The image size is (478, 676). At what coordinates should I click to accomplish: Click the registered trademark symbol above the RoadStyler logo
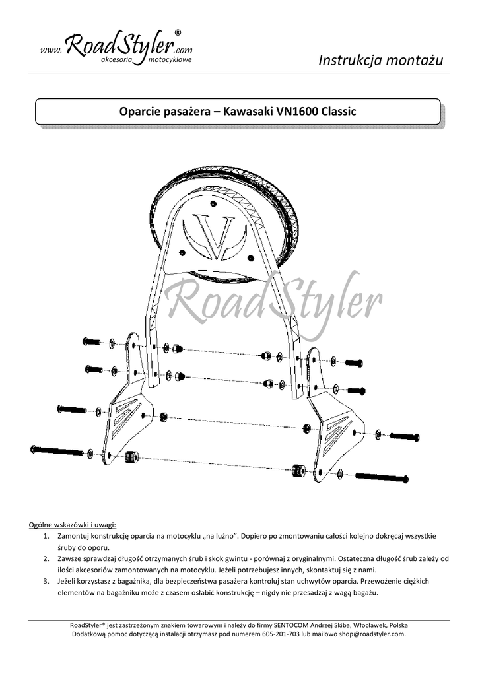pyautogui.click(x=178, y=32)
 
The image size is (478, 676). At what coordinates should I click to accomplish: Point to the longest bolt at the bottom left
pyautogui.click(x=58, y=451)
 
